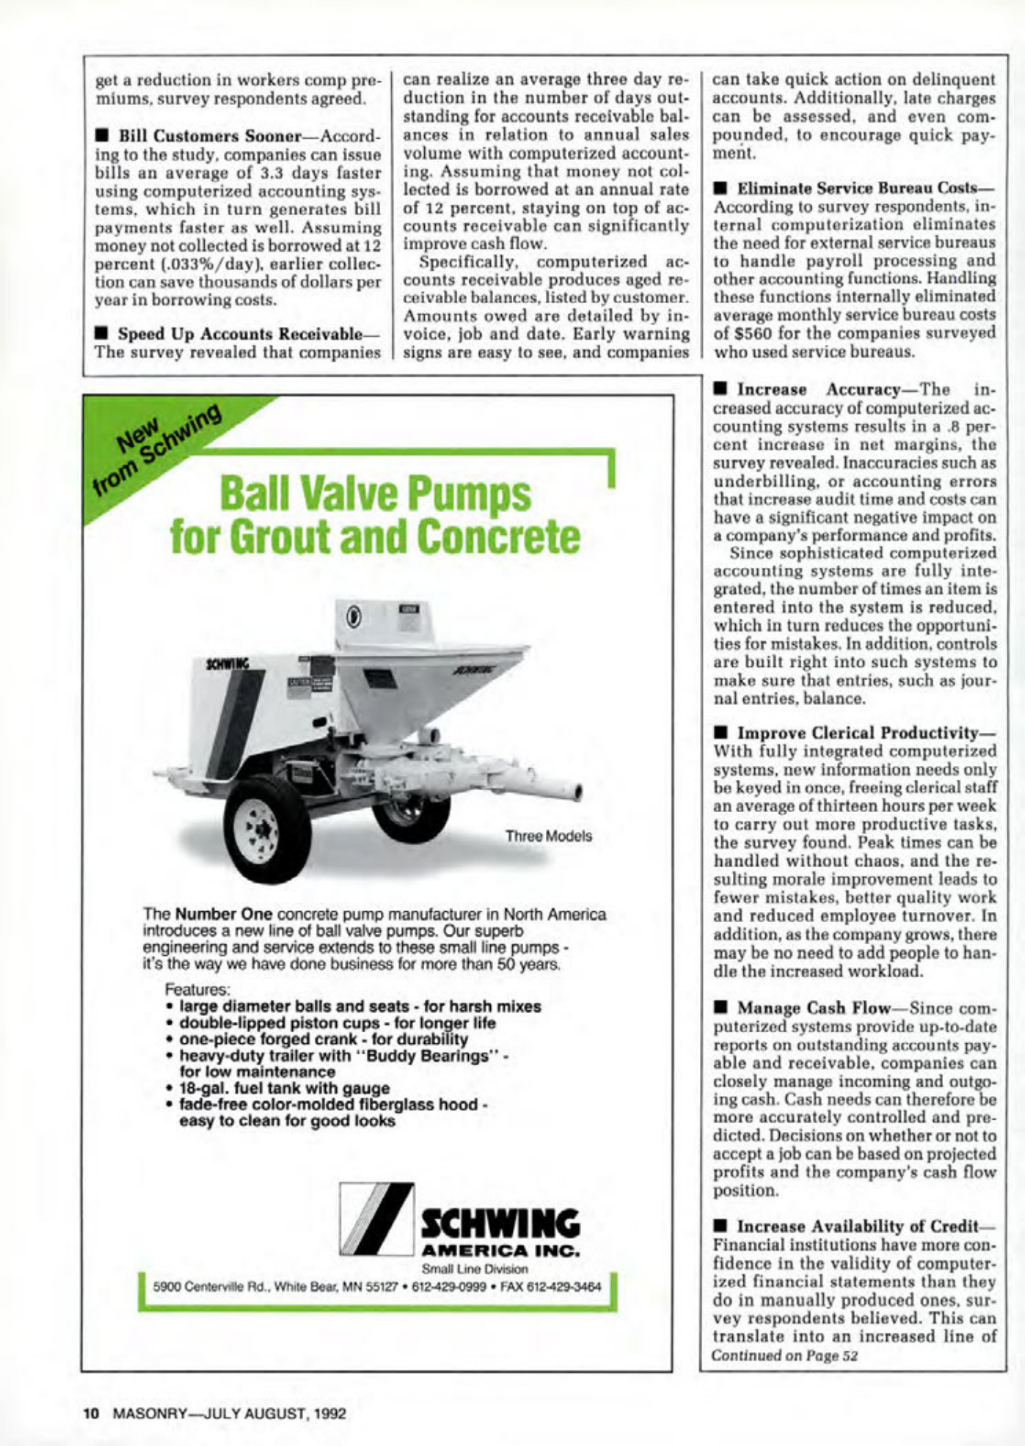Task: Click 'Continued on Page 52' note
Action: [784, 1356]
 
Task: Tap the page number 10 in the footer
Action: [90, 1413]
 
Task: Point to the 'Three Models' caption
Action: [548, 836]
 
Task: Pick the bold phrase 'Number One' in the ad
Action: [224, 915]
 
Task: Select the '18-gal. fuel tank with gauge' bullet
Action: [284, 1088]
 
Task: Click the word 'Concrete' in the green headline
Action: [498, 537]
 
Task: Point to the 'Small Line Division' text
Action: [475, 1268]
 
